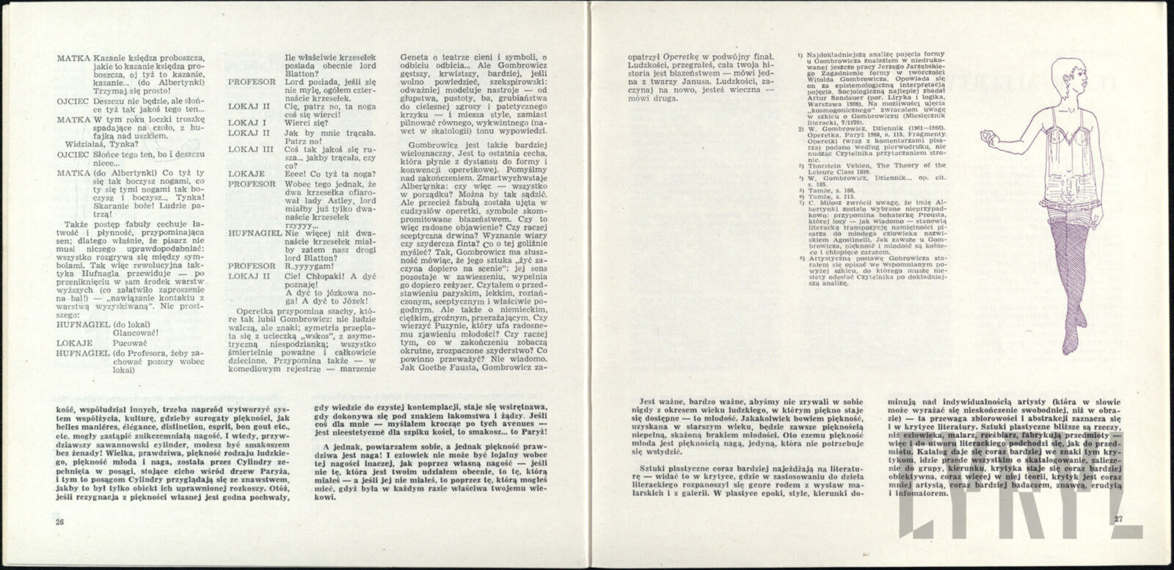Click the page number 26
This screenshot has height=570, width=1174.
tap(60, 522)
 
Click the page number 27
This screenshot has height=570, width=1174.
tap(1118, 522)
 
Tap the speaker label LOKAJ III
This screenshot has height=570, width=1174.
tap(249, 148)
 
